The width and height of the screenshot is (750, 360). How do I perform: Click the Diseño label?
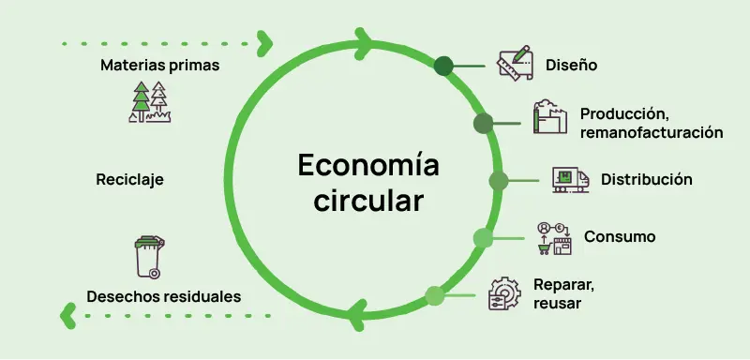[x=571, y=66]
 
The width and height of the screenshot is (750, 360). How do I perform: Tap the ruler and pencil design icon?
[x=515, y=63]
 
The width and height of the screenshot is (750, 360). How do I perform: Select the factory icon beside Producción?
[x=551, y=119]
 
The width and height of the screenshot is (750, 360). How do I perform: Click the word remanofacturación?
[x=651, y=133]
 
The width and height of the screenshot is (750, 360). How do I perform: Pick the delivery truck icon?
[x=570, y=179]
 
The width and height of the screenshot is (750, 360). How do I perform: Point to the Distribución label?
[x=646, y=179]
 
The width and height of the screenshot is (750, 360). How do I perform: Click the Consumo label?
[x=620, y=236]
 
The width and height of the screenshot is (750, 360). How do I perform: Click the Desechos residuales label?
[x=164, y=296]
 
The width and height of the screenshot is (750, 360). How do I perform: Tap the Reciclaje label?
[x=129, y=179]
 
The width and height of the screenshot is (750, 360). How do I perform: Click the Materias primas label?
[x=159, y=66]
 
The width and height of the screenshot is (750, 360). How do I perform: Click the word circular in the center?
[x=368, y=200]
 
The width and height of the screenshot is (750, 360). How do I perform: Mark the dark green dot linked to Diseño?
[x=443, y=66]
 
